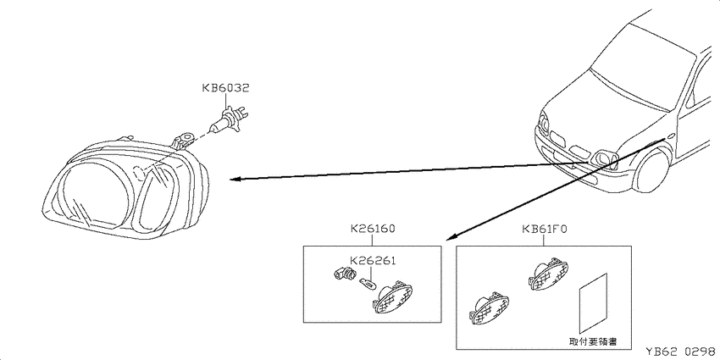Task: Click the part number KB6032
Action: (x=226, y=88)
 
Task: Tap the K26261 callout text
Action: (x=373, y=261)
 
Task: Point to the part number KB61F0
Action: (x=544, y=228)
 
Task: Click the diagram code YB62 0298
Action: (x=681, y=352)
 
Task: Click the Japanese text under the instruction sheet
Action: (x=592, y=341)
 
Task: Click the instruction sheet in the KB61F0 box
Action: (x=593, y=303)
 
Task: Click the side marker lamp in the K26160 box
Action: (x=392, y=297)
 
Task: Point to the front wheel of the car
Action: (x=652, y=169)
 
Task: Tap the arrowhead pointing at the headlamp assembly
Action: (x=235, y=179)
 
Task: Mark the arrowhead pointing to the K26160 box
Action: (x=451, y=236)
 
